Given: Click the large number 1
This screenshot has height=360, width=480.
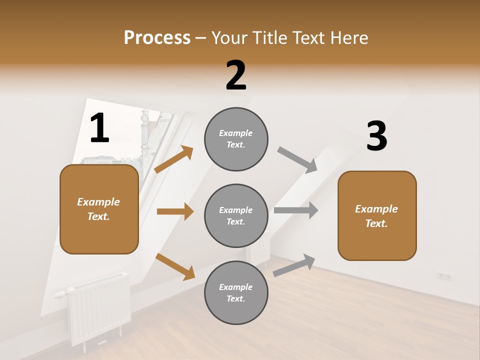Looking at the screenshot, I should click(99, 128).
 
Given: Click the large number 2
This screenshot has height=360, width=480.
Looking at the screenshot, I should click(236, 75).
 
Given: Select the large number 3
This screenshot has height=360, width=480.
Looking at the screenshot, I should click(376, 136).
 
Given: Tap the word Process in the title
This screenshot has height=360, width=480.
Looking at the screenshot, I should click(157, 38).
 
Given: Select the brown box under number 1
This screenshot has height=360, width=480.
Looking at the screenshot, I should click(99, 209).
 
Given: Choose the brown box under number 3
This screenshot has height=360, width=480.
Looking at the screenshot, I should click(377, 215).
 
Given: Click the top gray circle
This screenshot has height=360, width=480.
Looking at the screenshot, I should click(236, 139).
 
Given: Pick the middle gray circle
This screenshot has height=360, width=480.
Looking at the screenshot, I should click(236, 215).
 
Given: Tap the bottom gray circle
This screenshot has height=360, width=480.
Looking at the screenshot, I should click(236, 292).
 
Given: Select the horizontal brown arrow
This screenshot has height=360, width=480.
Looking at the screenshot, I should click(175, 211).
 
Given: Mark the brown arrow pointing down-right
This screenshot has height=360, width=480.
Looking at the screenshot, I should click(175, 266).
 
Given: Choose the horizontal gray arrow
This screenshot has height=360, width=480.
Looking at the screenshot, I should click(296, 210).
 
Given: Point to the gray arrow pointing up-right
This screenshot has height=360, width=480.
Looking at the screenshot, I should click(294, 265).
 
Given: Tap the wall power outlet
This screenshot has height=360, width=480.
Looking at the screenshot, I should click(444, 276).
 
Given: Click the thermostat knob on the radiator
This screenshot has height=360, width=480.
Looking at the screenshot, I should click(60, 294).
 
